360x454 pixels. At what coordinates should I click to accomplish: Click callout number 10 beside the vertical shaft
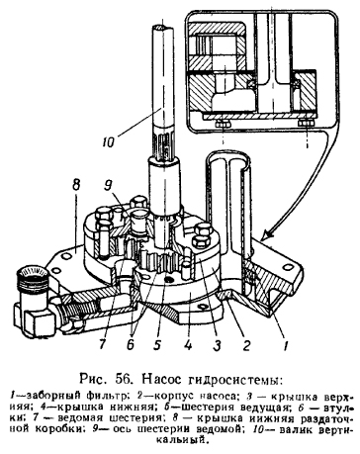coord(108,142)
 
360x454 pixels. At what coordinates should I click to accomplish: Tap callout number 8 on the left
coord(76,185)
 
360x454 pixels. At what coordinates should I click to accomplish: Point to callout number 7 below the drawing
coord(102,344)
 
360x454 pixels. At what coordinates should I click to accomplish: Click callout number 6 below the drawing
coord(131,344)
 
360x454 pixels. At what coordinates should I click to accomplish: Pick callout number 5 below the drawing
coord(157,345)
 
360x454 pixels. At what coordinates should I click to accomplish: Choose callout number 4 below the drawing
coord(188,345)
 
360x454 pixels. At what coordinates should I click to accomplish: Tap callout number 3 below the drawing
coord(217,345)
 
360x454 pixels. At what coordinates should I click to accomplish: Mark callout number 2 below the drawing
coord(246,345)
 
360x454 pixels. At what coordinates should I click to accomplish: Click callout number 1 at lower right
coord(286,345)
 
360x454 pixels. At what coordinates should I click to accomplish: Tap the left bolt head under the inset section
coord(223,125)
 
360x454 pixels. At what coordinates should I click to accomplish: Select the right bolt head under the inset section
coord(307,124)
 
